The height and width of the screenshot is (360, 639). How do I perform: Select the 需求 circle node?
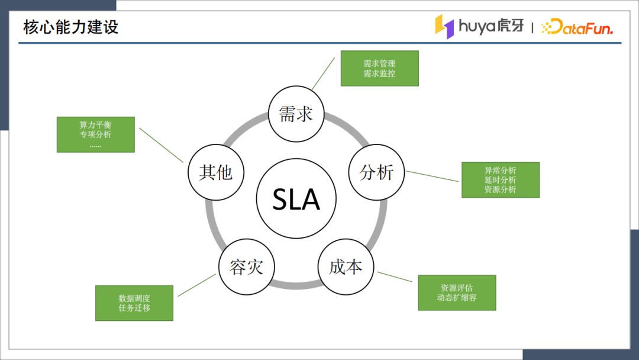[296, 114]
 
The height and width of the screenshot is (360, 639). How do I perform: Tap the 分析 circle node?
[376, 172]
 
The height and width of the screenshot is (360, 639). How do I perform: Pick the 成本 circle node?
[346, 266]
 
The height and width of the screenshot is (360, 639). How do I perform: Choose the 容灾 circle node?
[246, 267]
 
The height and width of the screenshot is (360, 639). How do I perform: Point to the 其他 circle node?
[215, 172]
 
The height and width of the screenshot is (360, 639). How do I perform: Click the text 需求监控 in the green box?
[379, 73]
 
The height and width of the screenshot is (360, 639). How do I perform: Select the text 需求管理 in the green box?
[379, 63]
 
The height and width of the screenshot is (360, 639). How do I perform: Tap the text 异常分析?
[500, 171]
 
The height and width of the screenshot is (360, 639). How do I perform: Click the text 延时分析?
[500, 180]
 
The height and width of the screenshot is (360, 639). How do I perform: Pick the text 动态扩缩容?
[457, 298]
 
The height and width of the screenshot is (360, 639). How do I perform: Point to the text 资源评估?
[457, 288]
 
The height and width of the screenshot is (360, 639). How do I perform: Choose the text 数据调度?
[134, 298]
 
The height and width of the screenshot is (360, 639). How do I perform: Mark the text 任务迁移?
[134, 308]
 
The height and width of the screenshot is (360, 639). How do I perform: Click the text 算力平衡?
[95, 126]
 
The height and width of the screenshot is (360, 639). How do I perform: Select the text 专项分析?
[95, 134]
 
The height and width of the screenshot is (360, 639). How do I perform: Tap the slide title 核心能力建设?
[71, 27]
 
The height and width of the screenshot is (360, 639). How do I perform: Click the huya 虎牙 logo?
[479, 27]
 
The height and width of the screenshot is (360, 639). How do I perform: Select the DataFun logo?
[577, 27]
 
